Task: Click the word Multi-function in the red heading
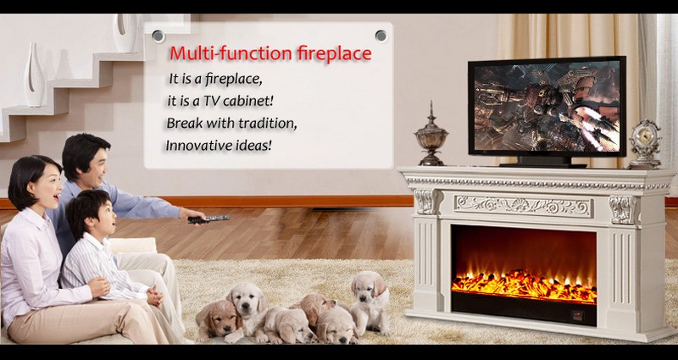(x=231, y=53)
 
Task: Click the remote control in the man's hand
(x=208, y=219)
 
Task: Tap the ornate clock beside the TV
(x=645, y=144)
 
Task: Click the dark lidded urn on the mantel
(x=431, y=135)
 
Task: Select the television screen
(x=547, y=107)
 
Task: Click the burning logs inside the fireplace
(x=524, y=285)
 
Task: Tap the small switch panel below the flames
(x=577, y=315)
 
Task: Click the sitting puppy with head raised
(x=370, y=302)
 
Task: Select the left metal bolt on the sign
(x=158, y=36)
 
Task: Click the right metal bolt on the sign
(x=381, y=36)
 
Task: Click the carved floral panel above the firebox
(x=523, y=206)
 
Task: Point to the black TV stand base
(x=542, y=163)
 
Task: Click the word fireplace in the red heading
(x=334, y=54)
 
